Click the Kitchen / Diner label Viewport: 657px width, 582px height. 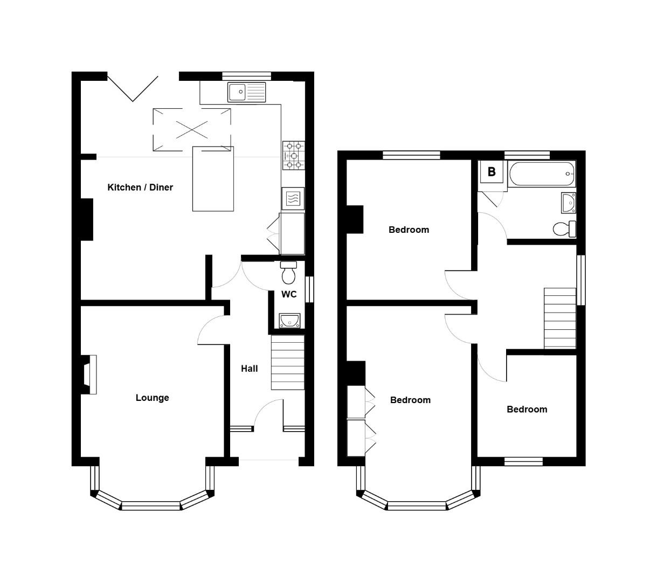pyautogui.click(x=140, y=188)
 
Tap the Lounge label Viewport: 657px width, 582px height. pyautogui.click(x=152, y=398)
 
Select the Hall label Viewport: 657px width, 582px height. pyautogui.click(x=249, y=369)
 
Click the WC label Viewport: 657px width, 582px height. pyautogui.click(x=289, y=294)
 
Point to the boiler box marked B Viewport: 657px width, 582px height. pyautogui.click(x=492, y=172)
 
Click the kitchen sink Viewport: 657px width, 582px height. pyautogui.click(x=246, y=92)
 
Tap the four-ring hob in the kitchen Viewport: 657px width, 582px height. pyautogui.click(x=293, y=155)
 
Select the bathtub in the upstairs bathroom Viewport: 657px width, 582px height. pyautogui.click(x=541, y=174)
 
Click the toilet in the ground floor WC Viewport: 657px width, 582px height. pyautogui.click(x=288, y=273)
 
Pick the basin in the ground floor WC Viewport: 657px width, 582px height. pyautogui.click(x=289, y=321)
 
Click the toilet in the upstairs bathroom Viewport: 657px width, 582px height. pyautogui.click(x=564, y=228)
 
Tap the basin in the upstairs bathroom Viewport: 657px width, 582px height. pyautogui.click(x=568, y=203)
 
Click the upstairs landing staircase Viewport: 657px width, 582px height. pyautogui.click(x=560, y=318)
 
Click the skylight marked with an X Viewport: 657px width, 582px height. pyautogui.click(x=192, y=129)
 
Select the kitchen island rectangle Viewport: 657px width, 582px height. pyautogui.click(x=213, y=179)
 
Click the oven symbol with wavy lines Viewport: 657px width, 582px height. pyautogui.click(x=293, y=198)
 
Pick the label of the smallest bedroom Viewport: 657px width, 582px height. pyautogui.click(x=527, y=410)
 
